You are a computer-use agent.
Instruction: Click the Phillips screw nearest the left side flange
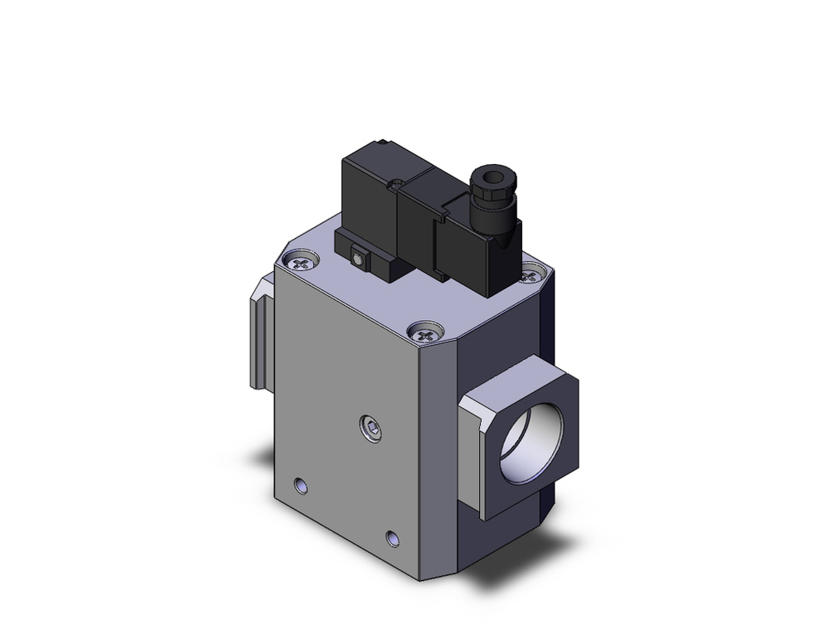point(303,263)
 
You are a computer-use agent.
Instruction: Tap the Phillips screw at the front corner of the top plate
point(426,335)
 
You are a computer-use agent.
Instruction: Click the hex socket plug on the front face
point(374,429)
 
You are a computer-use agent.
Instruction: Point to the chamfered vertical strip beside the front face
point(444,456)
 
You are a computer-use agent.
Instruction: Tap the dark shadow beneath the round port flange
point(531,564)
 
